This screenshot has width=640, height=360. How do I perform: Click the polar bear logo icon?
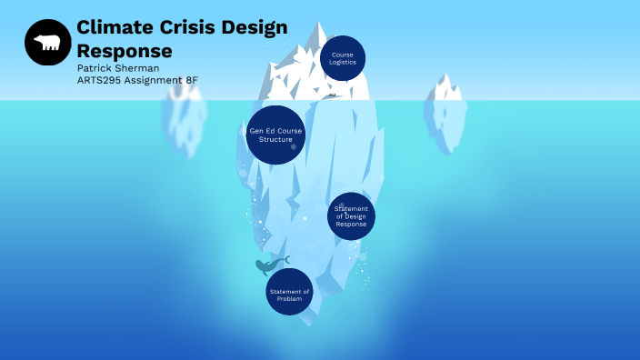pyautogui.click(x=47, y=43)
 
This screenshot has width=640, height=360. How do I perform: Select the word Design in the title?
pyautogui.click(x=255, y=28)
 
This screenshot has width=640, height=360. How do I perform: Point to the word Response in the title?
pyautogui.click(x=125, y=50)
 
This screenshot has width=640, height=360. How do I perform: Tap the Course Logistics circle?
pyautogui.click(x=343, y=58)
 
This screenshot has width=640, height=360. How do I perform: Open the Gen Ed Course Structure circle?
pyautogui.click(x=275, y=135)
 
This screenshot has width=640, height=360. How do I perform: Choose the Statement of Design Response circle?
pyautogui.click(x=351, y=216)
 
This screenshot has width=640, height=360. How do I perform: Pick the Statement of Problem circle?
pyautogui.click(x=289, y=292)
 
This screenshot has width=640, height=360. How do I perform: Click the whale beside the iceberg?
pyautogui.click(x=269, y=265)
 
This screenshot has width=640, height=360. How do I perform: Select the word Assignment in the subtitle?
pyautogui.click(x=155, y=80)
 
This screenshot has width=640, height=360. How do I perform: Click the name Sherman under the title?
pyautogui.click(x=142, y=68)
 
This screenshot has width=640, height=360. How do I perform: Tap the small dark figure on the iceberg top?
pyautogui.click(x=333, y=94)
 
